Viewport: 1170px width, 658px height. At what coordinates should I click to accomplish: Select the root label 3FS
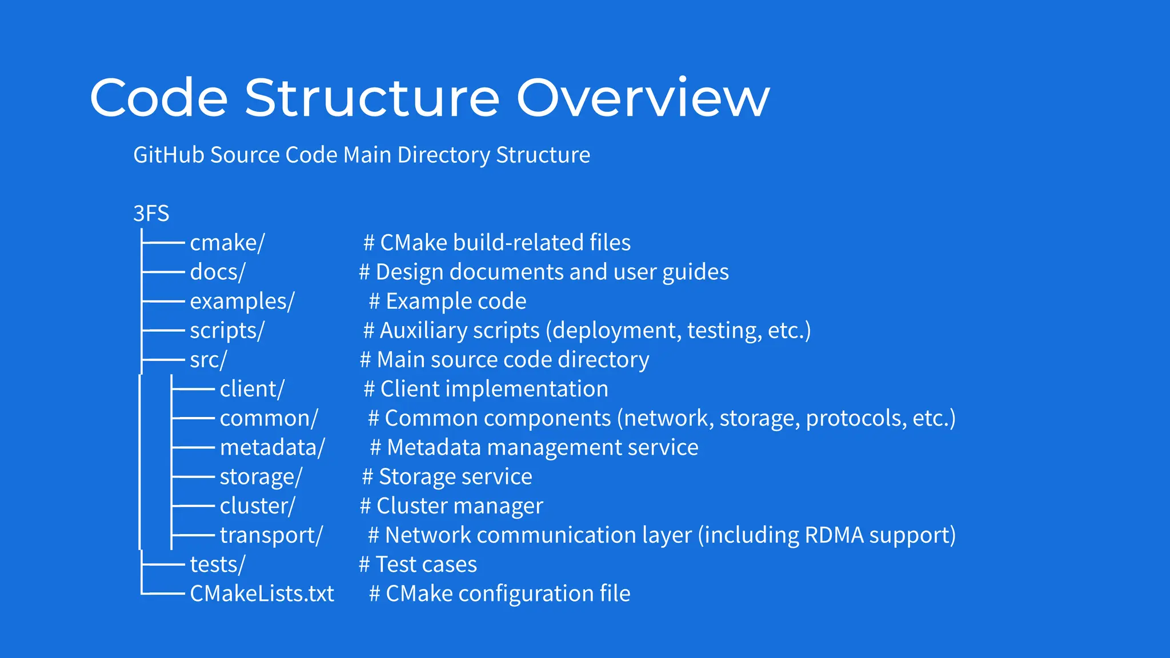[x=151, y=214]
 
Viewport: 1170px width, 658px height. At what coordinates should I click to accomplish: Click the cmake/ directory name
[x=227, y=243]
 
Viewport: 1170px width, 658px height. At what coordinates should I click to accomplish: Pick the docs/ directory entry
[x=217, y=272]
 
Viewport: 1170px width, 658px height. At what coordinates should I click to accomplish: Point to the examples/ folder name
[x=242, y=301]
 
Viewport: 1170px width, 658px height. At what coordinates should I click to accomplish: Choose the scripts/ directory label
[x=227, y=330]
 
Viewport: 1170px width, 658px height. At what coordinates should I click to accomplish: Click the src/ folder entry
[x=208, y=360]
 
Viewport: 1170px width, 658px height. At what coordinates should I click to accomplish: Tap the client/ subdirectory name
[x=251, y=389]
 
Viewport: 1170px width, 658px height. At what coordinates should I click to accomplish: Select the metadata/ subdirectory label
[x=272, y=447]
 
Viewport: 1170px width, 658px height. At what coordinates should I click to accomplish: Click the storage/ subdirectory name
[x=261, y=476]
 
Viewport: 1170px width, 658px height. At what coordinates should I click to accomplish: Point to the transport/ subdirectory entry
[x=271, y=535]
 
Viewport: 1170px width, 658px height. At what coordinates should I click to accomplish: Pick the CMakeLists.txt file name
[x=262, y=593]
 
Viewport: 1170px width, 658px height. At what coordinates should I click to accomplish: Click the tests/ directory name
[x=217, y=564]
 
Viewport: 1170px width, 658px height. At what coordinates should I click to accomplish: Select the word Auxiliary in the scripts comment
[x=459, y=330]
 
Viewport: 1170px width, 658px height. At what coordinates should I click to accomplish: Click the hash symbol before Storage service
[x=367, y=476]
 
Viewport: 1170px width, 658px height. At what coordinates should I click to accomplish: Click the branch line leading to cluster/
[x=193, y=506]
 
